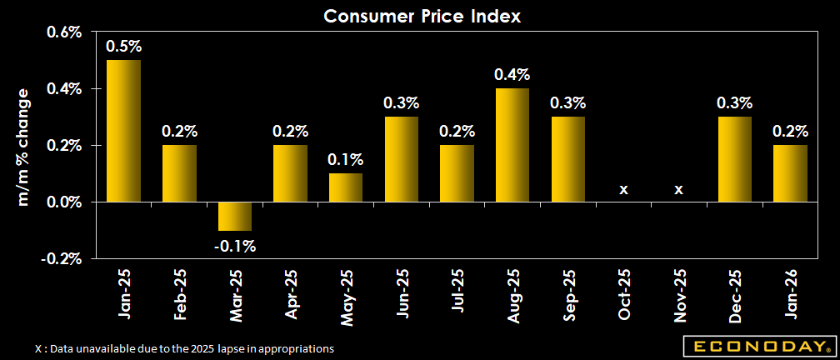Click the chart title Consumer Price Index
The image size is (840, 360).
tap(421, 16)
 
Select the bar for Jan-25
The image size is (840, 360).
tap(123, 131)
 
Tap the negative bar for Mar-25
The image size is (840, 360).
tap(234, 216)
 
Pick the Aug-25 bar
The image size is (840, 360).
tap(512, 145)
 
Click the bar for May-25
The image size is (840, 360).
tap(345, 187)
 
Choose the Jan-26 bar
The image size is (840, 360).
tap(790, 173)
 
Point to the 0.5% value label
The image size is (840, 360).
tap(123, 47)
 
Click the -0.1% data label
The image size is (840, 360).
tap(234, 246)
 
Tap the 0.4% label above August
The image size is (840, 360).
tap(512, 75)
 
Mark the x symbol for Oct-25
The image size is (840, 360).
tap(623, 190)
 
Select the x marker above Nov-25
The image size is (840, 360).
tap(679, 190)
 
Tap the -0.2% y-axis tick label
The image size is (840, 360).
tap(61, 258)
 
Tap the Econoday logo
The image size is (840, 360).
tap(757, 346)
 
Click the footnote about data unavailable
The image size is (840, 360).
tap(184, 348)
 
